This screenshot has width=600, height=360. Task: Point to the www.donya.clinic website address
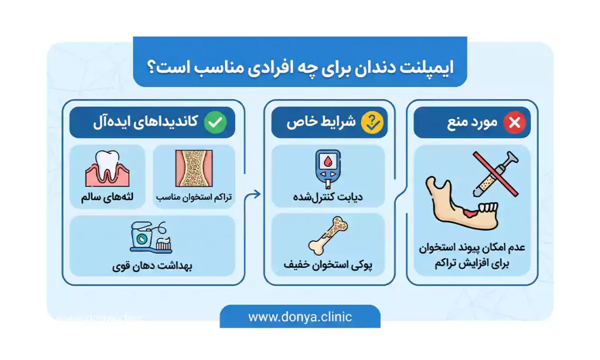300,317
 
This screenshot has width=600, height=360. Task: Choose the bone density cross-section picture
194,168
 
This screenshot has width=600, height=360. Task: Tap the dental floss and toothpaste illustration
151,237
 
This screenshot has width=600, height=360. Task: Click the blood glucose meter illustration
328,168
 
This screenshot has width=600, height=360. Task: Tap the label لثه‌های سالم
108,198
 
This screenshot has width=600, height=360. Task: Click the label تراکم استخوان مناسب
194,198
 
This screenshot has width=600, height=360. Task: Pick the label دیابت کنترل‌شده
328,198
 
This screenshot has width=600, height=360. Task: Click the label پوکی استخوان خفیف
328,265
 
